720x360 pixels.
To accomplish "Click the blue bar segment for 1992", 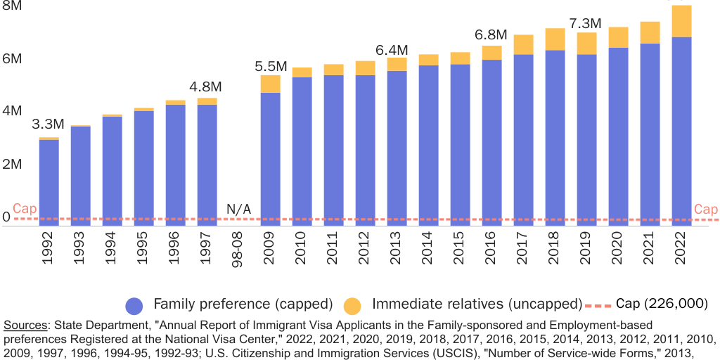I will coord(49,179).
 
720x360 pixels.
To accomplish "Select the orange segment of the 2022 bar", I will coord(681,21).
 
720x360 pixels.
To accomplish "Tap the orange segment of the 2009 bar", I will coord(270,84).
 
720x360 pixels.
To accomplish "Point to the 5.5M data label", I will coord(270,67).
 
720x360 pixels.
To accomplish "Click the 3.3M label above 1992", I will coord(49,124).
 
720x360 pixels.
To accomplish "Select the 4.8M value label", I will coord(207,87).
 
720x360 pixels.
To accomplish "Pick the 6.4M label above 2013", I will coord(392,50).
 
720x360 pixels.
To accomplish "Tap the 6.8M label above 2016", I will coord(491,34).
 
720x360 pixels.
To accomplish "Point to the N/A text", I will coord(238,209).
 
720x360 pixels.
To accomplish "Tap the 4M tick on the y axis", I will coord(11,111).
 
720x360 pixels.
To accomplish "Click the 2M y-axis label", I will coord(11,164).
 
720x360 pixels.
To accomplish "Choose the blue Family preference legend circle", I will coord(135,305).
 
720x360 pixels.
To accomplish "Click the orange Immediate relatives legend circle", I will coord(352,305).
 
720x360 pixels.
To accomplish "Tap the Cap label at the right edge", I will coord(705,210).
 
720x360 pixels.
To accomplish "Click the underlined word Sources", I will coord(25,325).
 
